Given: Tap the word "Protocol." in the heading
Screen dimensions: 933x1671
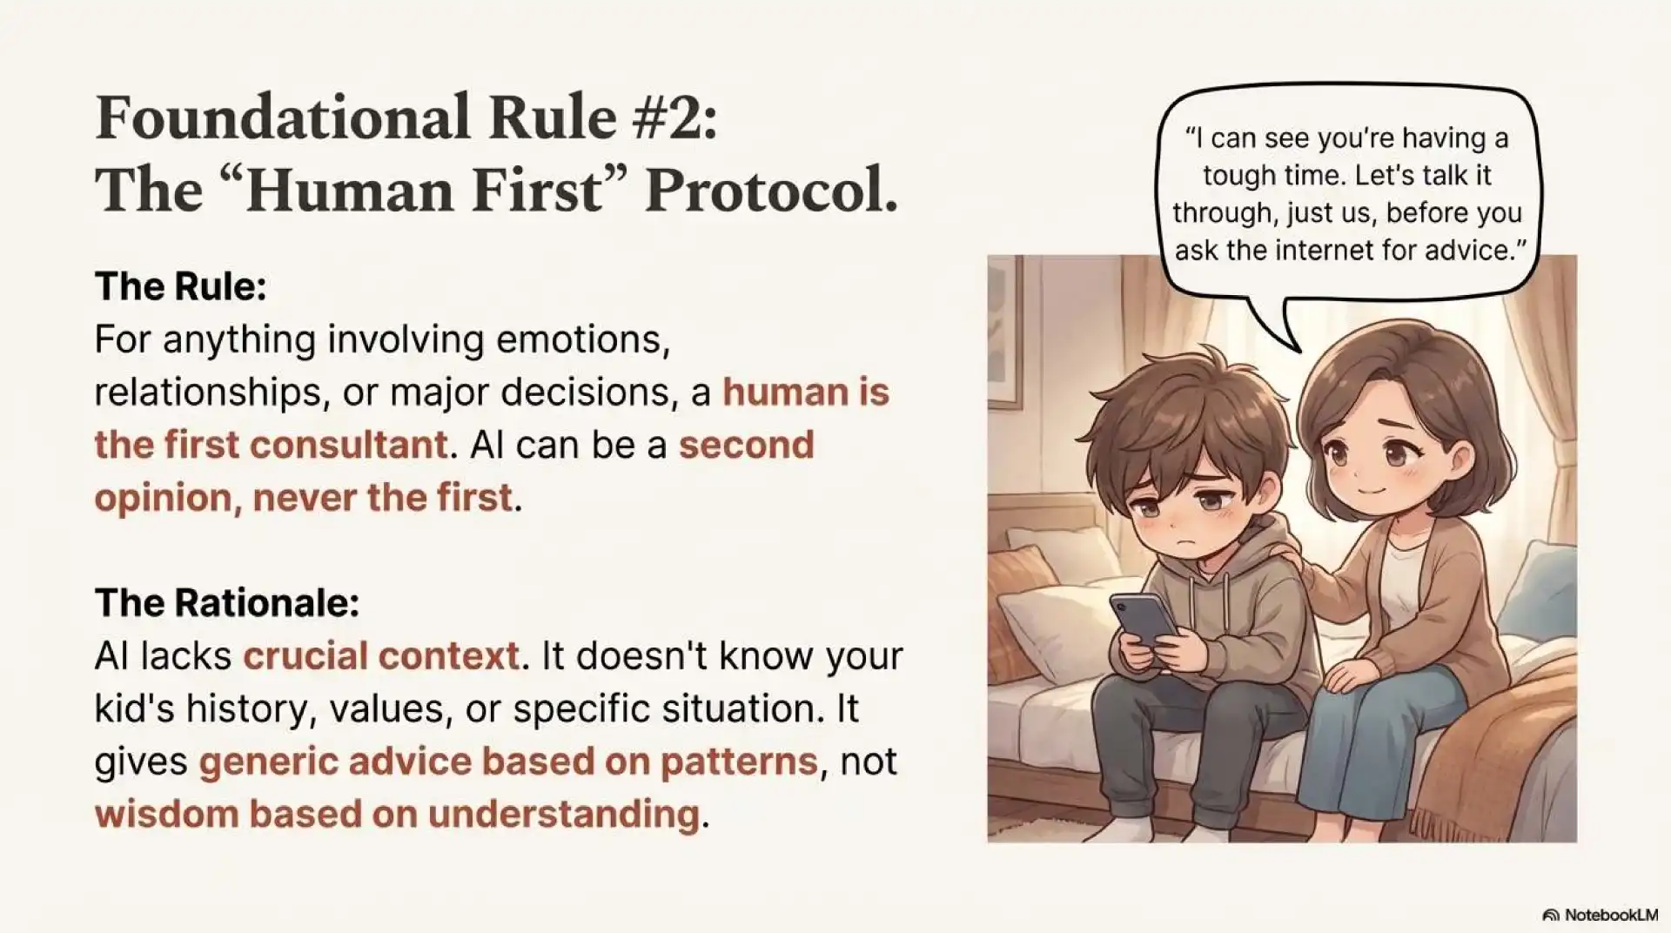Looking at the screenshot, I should coord(771,190).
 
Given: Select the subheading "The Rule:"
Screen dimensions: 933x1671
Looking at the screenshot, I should coord(180,285).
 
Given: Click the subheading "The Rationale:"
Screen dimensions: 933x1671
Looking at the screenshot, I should coord(226,602).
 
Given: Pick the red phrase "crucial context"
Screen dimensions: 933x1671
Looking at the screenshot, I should coord(380,655).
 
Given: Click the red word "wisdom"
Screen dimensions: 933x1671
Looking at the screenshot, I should coord(166,814).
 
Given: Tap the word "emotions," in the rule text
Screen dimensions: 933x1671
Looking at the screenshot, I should coord(583,339).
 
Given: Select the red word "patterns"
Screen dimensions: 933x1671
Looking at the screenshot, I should coord(738,762).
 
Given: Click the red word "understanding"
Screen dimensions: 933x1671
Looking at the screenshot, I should coord(563,814).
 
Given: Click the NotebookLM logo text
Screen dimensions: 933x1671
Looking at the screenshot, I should coord(1610,915).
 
